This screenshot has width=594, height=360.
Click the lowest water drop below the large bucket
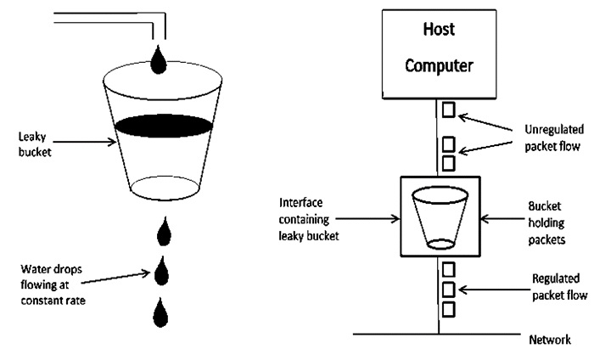click(159, 312)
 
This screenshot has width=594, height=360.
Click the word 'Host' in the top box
click(440, 31)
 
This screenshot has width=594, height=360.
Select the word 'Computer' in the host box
click(440, 65)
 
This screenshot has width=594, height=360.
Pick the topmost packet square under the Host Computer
click(448, 110)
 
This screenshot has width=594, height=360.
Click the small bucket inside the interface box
click(440, 216)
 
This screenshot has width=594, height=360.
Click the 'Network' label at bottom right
click(549, 340)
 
